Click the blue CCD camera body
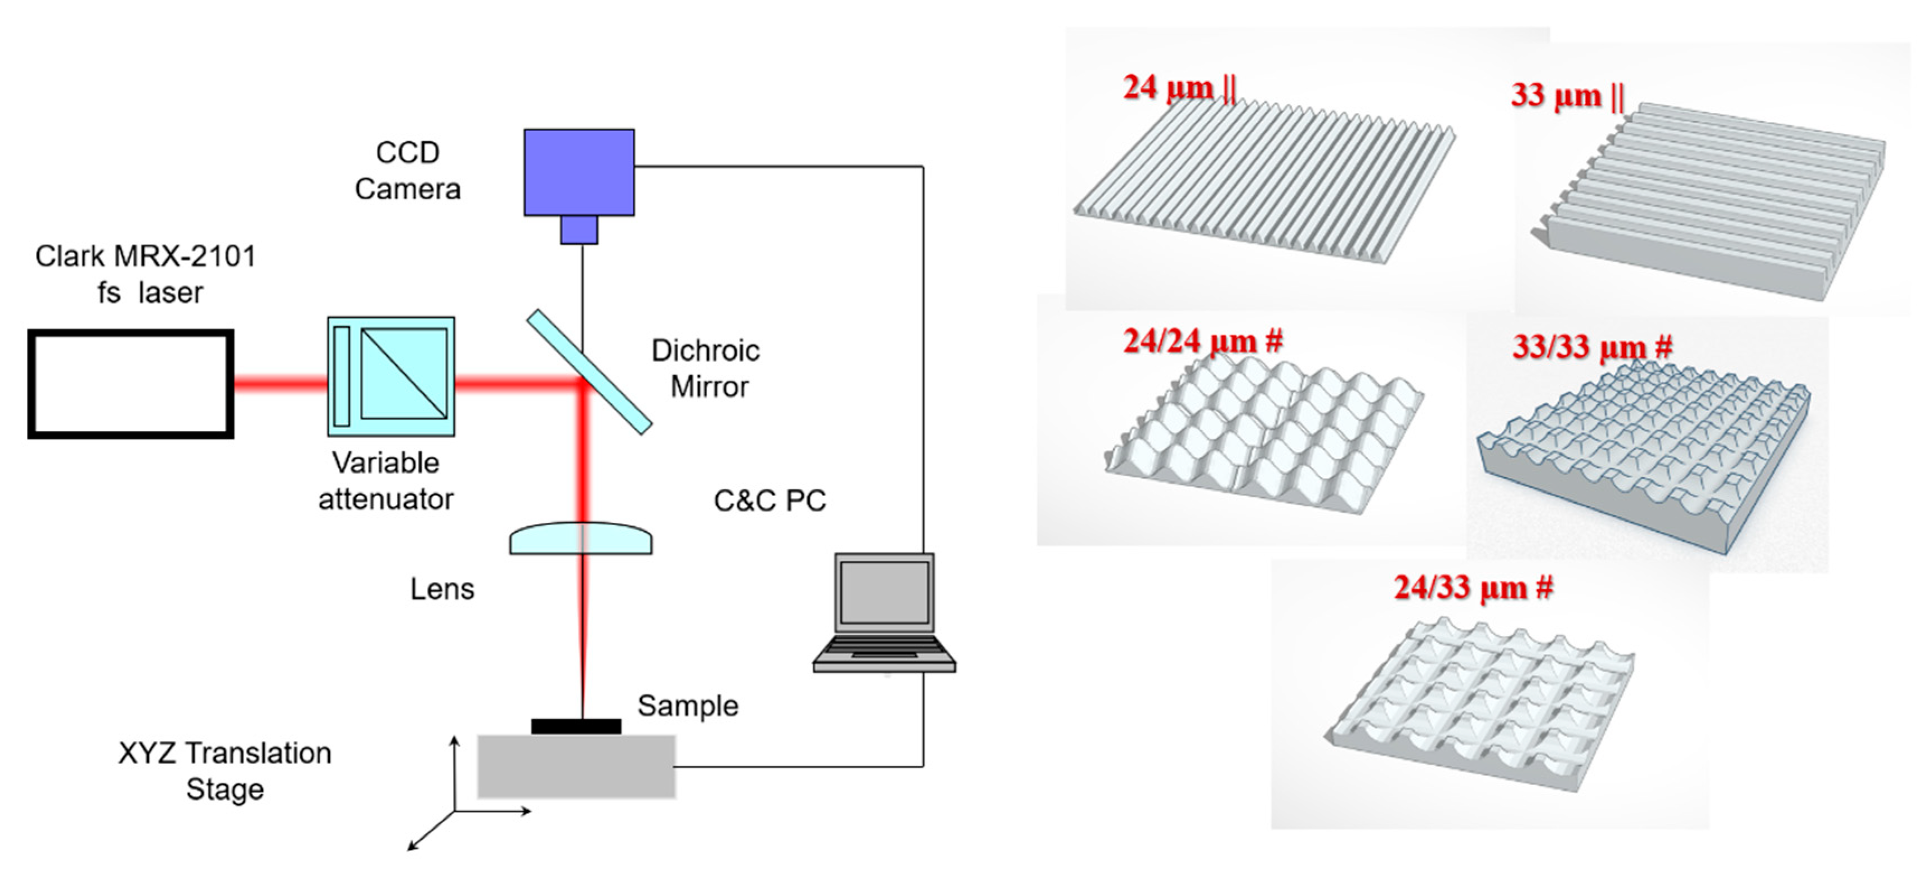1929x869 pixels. coord(579,172)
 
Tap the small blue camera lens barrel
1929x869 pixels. coord(579,229)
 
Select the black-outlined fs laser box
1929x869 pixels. coord(131,384)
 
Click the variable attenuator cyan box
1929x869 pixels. coord(391,376)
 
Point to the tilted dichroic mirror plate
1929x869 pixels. coord(589,372)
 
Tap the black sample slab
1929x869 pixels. coord(576,726)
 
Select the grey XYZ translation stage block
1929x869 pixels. coord(576,766)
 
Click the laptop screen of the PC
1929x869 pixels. coord(885,592)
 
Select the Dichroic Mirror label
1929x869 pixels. coord(706,369)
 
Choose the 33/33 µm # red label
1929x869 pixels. coord(1591,347)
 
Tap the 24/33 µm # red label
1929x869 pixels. coord(1473,587)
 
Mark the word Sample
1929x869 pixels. coord(687,706)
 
